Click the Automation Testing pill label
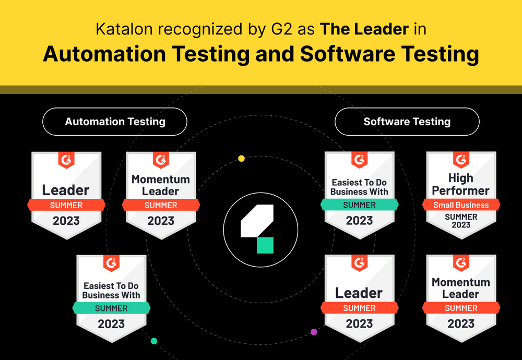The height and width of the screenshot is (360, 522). (115, 122)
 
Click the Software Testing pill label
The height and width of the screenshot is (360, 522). (407, 122)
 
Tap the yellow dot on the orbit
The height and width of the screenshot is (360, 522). (241, 158)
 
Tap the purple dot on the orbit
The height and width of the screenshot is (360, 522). (314, 331)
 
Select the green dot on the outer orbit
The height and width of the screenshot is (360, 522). (154, 341)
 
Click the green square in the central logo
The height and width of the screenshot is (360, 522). (265, 245)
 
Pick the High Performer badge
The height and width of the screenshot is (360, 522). (461, 193)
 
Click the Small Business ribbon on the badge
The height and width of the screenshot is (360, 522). (461, 205)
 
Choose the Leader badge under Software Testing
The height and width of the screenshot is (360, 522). (359, 297)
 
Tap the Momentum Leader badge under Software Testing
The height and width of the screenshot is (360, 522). (461, 297)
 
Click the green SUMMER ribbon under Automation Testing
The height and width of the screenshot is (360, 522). (111, 308)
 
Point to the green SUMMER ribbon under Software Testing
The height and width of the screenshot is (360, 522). (359, 205)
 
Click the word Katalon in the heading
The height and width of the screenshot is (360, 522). (120, 29)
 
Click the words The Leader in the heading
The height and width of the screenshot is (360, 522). (364, 29)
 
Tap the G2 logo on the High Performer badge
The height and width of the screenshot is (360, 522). (461, 159)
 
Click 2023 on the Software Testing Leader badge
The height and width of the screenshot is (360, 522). (359, 323)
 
